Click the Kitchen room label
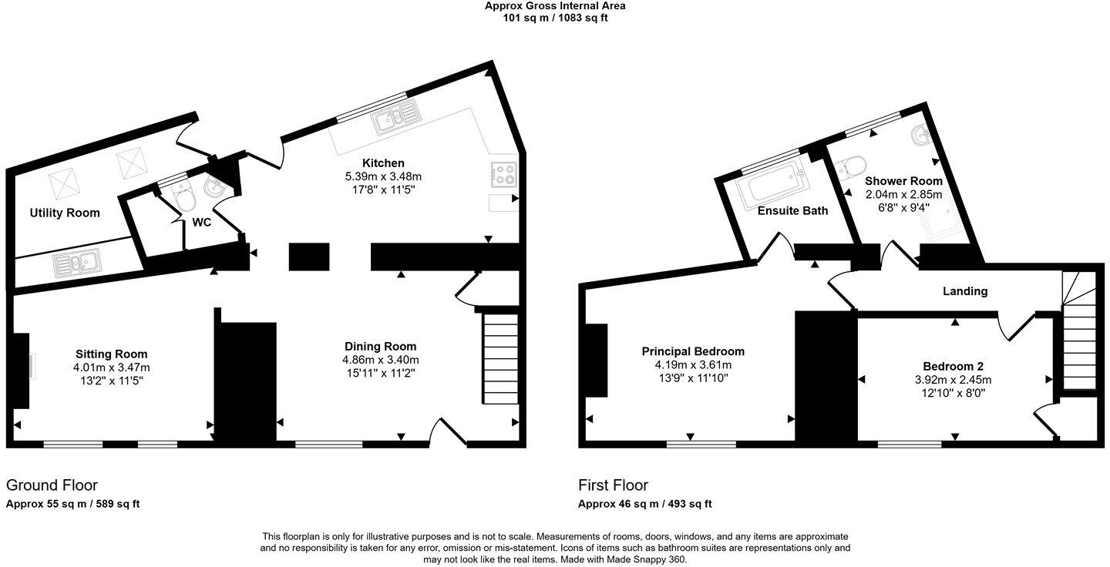click(383, 163)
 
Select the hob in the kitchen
click(503, 175)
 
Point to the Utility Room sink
click(77, 264)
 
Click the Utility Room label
click(65, 213)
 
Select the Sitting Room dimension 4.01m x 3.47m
click(111, 367)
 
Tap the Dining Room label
click(380, 347)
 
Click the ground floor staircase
click(500, 359)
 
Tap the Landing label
click(965, 291)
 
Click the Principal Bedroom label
click(693, 351)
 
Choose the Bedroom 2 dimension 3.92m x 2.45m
click(953, 380)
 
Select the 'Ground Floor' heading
click(52, 485)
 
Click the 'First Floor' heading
click(613, 485)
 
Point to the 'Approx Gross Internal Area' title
click(554, 6)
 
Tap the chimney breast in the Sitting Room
click(22, 371)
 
